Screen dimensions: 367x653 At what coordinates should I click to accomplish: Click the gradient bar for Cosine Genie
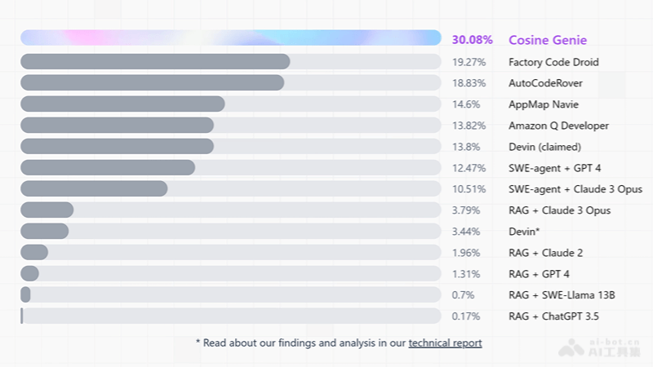[x=230, y=38]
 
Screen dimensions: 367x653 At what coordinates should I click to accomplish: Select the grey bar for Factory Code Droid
[x=155, y=62]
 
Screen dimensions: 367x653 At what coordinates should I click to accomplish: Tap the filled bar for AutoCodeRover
[x=152, y=83]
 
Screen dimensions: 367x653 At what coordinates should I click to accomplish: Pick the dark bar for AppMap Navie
[x=122, y=104]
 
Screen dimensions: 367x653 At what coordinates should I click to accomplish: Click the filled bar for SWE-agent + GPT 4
[x=108, y=168]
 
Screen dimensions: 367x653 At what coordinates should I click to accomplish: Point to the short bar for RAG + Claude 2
[x=34, y=253]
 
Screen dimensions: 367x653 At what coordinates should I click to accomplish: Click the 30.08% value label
[x=472, y=40]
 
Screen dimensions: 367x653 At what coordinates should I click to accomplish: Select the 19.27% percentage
[x=469, y=62]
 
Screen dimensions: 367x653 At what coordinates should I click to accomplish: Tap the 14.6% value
[x=466, y=104]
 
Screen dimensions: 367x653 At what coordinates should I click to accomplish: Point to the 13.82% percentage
[x=469, y=126]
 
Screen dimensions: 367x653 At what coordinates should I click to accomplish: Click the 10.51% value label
[x=469, y=189]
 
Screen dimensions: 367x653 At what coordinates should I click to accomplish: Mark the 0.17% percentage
[x=466, y=316]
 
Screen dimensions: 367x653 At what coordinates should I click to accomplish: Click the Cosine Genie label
[x=547, y=40]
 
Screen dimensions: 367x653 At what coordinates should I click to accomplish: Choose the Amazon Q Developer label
[x=558, y=126]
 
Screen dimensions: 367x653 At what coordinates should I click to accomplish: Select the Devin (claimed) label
[x=544, y=147]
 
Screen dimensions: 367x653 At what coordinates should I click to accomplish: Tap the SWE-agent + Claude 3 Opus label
[x=575, y=189]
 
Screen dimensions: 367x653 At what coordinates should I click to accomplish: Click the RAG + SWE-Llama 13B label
[x=562, y=295]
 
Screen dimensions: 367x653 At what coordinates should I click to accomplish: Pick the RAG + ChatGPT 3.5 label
[x=558, y=316]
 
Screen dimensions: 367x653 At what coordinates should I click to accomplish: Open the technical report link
[x=445, y=343]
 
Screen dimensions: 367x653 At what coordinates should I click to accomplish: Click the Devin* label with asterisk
[x=524, y=232]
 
